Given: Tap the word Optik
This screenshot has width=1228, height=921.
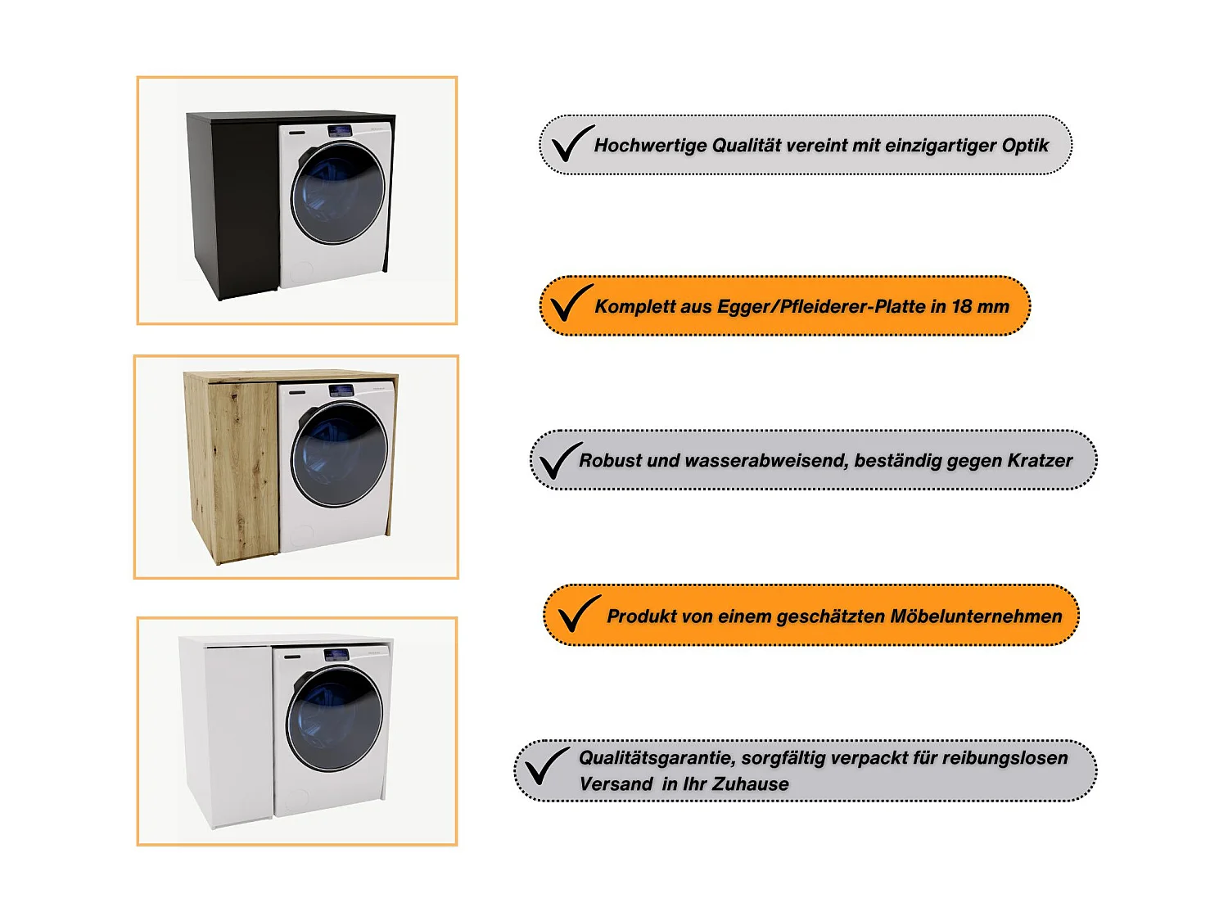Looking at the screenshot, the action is tap(1025, 146).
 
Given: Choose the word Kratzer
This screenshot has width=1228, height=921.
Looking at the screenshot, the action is tap(1040, 460).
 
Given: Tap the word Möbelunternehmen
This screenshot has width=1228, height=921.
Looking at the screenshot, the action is tap(976, 616).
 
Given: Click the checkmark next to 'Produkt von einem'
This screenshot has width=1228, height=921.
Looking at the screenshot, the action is tap(580, 613).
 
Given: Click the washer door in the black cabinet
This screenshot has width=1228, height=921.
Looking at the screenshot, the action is tap(338, 193).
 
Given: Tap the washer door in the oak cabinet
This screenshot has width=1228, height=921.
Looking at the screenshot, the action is tap(339, 454).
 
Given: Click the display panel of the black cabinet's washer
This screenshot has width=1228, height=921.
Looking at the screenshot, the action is tap(340, 132).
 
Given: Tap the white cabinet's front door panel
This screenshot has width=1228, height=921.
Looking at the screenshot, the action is tap(239, 738).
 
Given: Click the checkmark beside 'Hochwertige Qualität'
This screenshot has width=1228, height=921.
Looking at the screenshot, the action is tap(573, 143).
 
